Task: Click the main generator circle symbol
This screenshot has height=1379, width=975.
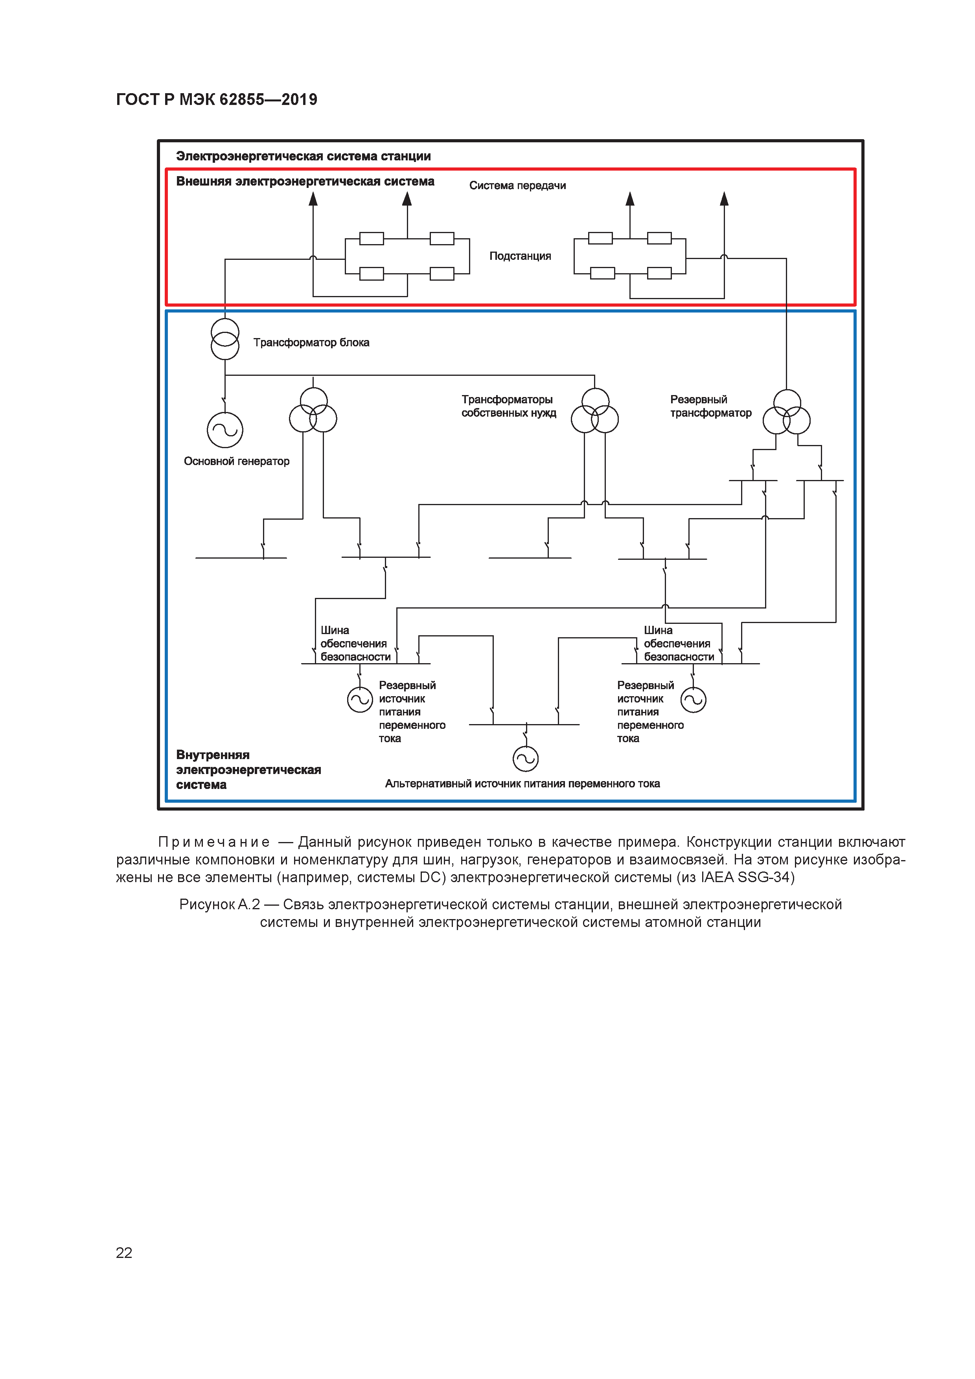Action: [x=224, y=430]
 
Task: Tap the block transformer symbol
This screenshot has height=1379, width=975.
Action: [x=224, y=339]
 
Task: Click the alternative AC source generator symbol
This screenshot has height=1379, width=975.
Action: [x=525, y=759]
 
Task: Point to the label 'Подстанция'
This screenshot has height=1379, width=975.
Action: [x=520, y=256]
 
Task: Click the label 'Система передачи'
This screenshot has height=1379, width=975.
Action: [x=517, y=186]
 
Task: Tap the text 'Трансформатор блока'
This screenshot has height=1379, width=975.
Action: [x=311, y=343]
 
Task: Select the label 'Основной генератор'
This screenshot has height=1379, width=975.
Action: [x=236, y=461]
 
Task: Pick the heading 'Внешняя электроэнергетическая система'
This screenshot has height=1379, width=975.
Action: [x=305, y=181]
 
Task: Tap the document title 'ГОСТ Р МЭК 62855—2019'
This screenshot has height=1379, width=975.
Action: [x=216, y=100]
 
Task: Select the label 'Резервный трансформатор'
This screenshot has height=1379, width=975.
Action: [x=710, y=406]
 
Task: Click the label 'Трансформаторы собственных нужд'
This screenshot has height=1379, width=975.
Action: [x=508, y=406]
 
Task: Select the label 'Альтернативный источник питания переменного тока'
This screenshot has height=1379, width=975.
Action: [x=522, y=784]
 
